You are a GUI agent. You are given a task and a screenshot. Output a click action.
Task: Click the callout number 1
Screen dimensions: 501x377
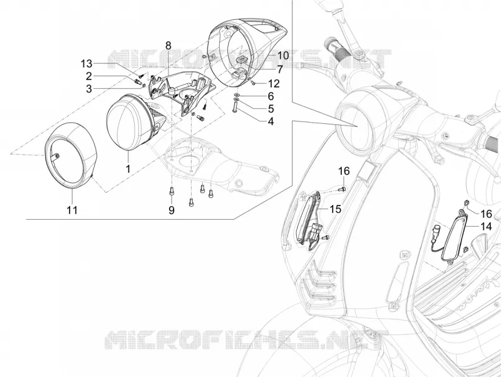click(128, 168)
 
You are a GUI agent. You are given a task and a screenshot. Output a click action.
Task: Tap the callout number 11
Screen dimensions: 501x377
click(72, 210)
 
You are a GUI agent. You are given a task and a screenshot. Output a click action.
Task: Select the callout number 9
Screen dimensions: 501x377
click(172, 210)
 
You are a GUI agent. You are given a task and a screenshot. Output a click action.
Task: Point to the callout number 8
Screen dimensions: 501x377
click(168, 46)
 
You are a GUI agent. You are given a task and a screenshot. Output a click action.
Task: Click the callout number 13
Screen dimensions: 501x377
click(86, 64)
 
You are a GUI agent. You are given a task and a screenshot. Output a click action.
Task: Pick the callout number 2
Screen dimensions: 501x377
click(88, 76)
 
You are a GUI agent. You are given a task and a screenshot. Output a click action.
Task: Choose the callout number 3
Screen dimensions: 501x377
click(88, 88)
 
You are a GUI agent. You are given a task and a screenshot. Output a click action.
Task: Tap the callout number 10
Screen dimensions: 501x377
click(283, 55)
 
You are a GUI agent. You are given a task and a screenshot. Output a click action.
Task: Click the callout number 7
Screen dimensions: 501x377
click(279, 70)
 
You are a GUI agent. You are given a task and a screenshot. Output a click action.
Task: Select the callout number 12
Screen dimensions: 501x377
click(274, 83)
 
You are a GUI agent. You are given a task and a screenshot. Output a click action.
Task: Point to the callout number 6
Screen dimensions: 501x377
click(271, 96)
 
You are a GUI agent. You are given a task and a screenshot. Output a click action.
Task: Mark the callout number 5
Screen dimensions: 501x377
click(271, 108)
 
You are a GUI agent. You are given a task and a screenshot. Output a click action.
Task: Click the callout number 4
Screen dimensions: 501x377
click(271, 121)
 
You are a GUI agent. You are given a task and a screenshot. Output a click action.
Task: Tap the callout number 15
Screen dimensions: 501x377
click(335, 209)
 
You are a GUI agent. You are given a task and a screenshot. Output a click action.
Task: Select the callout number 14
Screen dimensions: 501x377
click(486, 226)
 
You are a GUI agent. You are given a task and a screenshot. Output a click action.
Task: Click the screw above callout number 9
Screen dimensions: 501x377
click(171, 191)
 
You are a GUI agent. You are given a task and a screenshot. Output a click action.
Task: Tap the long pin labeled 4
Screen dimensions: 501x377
click(235, 108)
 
